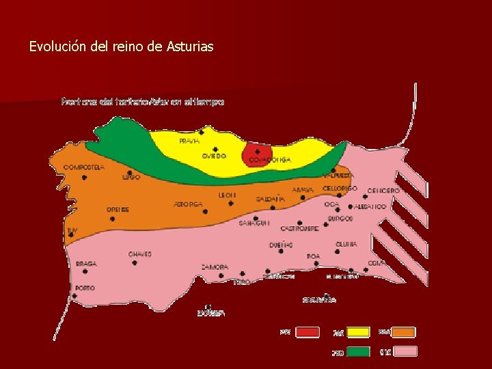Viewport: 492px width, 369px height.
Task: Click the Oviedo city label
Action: click(x=213, y=156)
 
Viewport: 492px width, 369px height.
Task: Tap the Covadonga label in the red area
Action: click(x=269, y=160)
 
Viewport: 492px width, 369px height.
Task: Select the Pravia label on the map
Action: click(x=189, y=141)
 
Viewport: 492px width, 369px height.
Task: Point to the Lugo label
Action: click(x=131, y=177)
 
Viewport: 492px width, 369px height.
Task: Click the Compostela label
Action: click(x=83, y=167)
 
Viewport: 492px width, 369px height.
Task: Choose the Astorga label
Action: click(x=188, y=204)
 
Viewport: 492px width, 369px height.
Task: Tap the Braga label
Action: click(x=86, y=263)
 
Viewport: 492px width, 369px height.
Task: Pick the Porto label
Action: click(x=85, y=288)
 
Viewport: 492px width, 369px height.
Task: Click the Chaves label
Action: click(x=139, y=254)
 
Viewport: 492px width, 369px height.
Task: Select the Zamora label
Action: click(x=215, y=266)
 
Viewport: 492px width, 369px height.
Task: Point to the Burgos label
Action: click(x=340, y=219)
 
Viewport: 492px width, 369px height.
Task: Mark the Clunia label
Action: click(x=346, y=244)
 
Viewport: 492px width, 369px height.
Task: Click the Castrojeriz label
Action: click(x=299, y=229)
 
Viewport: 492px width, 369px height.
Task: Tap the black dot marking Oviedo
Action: click(x=215, y=149)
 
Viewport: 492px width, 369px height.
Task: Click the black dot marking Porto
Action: click(x=74, y=297)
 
